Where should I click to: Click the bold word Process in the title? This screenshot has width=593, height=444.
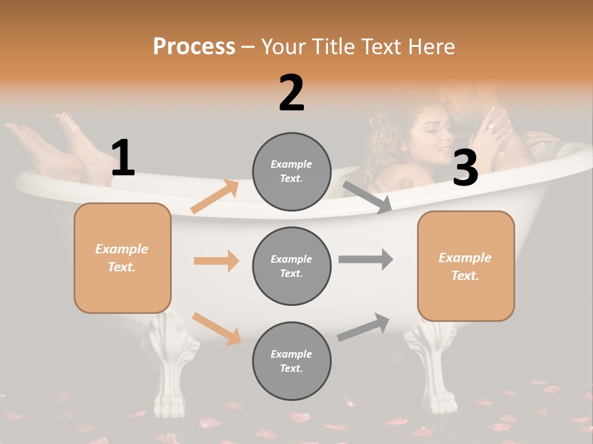click(x=194, y=47)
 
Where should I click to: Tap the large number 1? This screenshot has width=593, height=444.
click(x=123, y=158)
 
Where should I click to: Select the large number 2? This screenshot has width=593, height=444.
click(x=292, y=93)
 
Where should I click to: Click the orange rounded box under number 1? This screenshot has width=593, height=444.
click(x=122, y=258)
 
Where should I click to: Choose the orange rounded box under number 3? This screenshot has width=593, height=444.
click(x=466, y=266)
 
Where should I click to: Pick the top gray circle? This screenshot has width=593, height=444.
click(x=292, y=171)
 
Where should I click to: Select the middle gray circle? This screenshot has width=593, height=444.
click(x=292, y=266)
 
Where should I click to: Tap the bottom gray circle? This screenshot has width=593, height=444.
click(x=292, y=361)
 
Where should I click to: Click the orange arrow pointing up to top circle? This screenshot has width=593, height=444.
click(x=215, y=197)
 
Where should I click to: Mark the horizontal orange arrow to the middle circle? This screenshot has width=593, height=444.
click(x=216, y=261)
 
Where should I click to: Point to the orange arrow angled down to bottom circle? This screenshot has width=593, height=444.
click(x=216, y=329)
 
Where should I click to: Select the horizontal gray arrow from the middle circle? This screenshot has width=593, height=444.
click(x=366, y=259)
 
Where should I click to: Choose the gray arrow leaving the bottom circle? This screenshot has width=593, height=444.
click(x=363, y=327)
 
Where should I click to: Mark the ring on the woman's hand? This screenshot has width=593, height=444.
click(x=490, y=127)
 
